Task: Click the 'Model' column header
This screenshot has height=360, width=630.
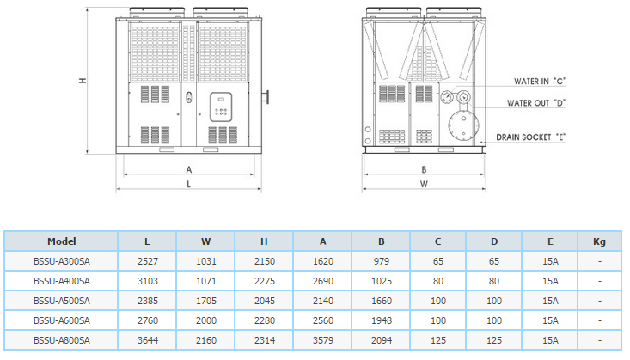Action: coord(62,241)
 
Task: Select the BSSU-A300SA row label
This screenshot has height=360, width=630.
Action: coord(62,260)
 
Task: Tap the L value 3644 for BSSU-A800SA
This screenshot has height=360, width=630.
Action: coord(149,340)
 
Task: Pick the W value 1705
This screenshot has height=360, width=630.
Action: coord(206,301)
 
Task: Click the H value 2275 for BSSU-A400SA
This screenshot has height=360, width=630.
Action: coord(265,280)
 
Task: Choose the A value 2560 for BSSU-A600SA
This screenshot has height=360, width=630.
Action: coord(323,320)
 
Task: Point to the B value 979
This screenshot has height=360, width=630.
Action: coord(381,260)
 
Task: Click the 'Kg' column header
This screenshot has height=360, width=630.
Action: coord(599,241)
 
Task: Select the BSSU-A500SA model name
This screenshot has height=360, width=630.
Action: coord(62,301)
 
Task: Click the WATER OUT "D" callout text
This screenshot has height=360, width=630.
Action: coord(535,103)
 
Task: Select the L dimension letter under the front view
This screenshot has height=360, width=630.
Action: coord(189,185)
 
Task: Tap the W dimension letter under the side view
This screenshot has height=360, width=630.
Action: coord(424,185)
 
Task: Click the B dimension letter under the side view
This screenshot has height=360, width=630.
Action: coord(424,169)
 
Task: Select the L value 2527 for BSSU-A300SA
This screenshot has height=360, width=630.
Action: coord(149,260)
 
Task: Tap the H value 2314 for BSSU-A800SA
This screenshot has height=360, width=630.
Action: coord(265,340)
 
